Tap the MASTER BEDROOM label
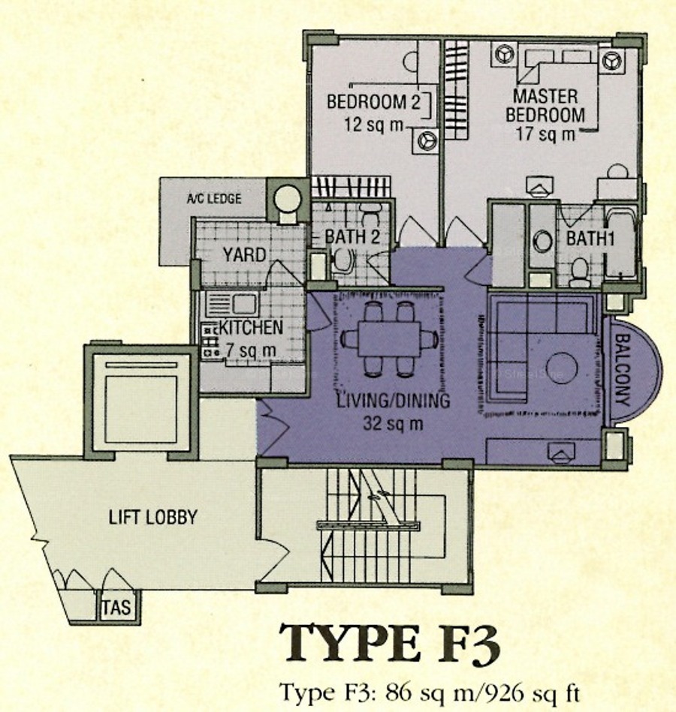tap(545, 106)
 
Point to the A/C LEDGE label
tap(214, 199)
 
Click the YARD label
tap(243, 254)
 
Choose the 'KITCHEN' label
tap(252, 328)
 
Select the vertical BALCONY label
tap(623, 369)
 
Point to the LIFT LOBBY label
tap(152, 517)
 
